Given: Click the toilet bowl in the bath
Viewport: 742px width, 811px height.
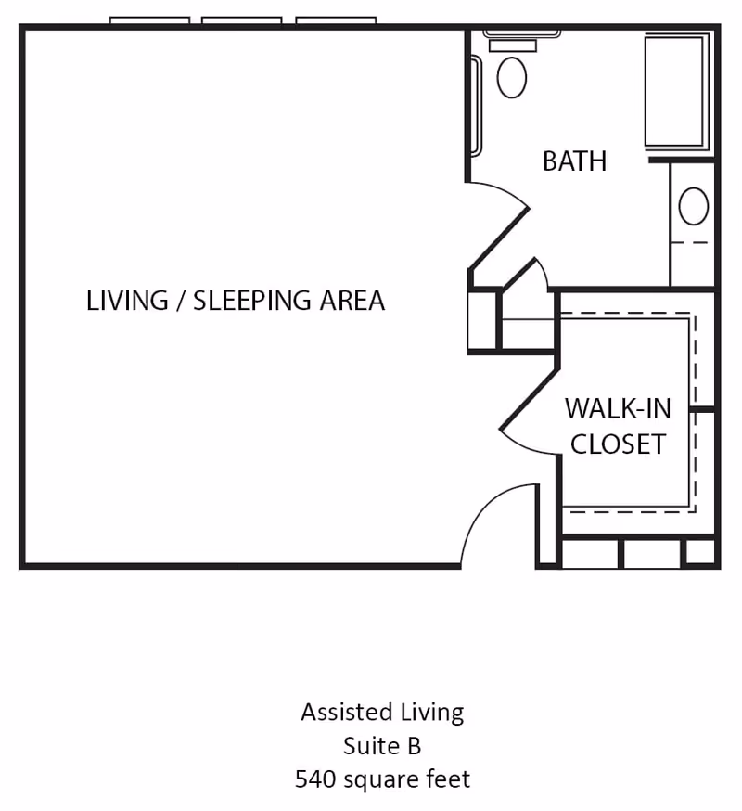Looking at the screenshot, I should (511, 77).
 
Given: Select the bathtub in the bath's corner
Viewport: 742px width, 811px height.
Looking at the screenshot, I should (676, 91).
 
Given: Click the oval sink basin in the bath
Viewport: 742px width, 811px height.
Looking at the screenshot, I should (693, 206).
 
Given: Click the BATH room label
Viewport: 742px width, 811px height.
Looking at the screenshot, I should (574, 161).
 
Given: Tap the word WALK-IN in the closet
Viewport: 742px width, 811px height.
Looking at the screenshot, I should (617, 408).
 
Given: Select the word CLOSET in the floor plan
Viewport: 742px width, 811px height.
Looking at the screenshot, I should (617, 444).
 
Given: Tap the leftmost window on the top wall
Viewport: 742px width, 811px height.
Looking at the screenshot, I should (149, 20).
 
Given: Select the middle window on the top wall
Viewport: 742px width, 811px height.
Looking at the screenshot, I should (242, 20).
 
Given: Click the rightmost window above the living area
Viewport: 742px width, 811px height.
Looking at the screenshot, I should (336, 20).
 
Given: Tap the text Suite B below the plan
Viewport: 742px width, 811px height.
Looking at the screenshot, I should (382, 745).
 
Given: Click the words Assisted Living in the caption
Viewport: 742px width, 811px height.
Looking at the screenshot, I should (382, 712).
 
